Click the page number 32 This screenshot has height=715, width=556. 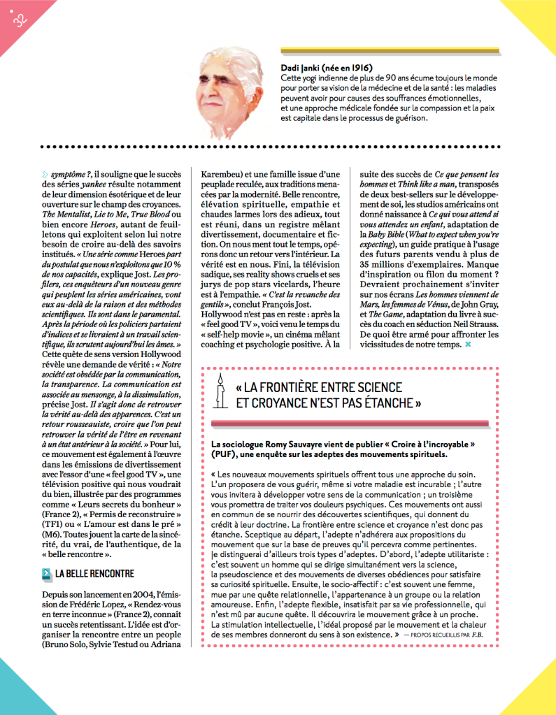pos(19,20)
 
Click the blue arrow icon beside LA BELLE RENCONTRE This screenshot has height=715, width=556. pos(46,575)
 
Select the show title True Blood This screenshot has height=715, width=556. pos(141,214)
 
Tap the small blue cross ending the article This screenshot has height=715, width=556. pos(468,345)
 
